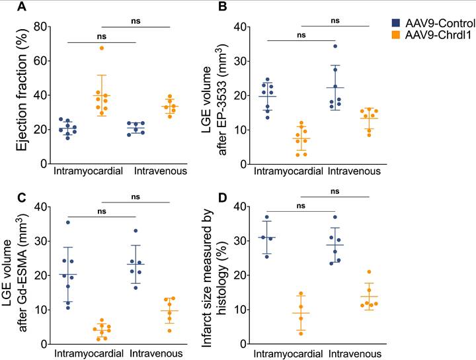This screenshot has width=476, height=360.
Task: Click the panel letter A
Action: pyautogui.click(x=22, y=8)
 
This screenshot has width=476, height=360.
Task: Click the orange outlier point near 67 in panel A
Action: pyautogui.click(x=102, y=48)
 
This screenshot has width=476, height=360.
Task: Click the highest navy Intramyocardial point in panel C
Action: pyautogui.click(x=67, y=222)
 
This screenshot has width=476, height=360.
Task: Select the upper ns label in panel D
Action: pyautogui.click(x=335, y=191)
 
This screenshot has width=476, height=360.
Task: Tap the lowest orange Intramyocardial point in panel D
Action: pyautogui.click(x=282, y=333)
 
